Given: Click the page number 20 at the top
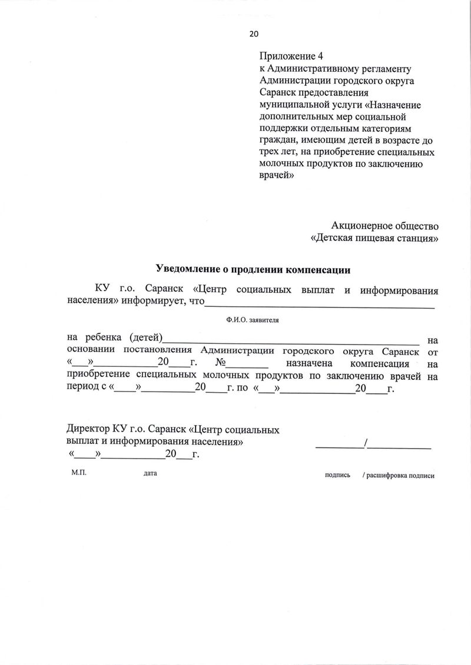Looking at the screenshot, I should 254,34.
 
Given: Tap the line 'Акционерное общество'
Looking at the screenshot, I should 386,225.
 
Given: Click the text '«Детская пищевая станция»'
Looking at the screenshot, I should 374,239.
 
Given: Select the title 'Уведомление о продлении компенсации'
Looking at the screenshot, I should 253,270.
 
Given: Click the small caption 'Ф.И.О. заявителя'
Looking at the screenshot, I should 251,321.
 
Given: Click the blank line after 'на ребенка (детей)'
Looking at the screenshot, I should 291,342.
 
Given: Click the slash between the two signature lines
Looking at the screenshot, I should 366,444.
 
